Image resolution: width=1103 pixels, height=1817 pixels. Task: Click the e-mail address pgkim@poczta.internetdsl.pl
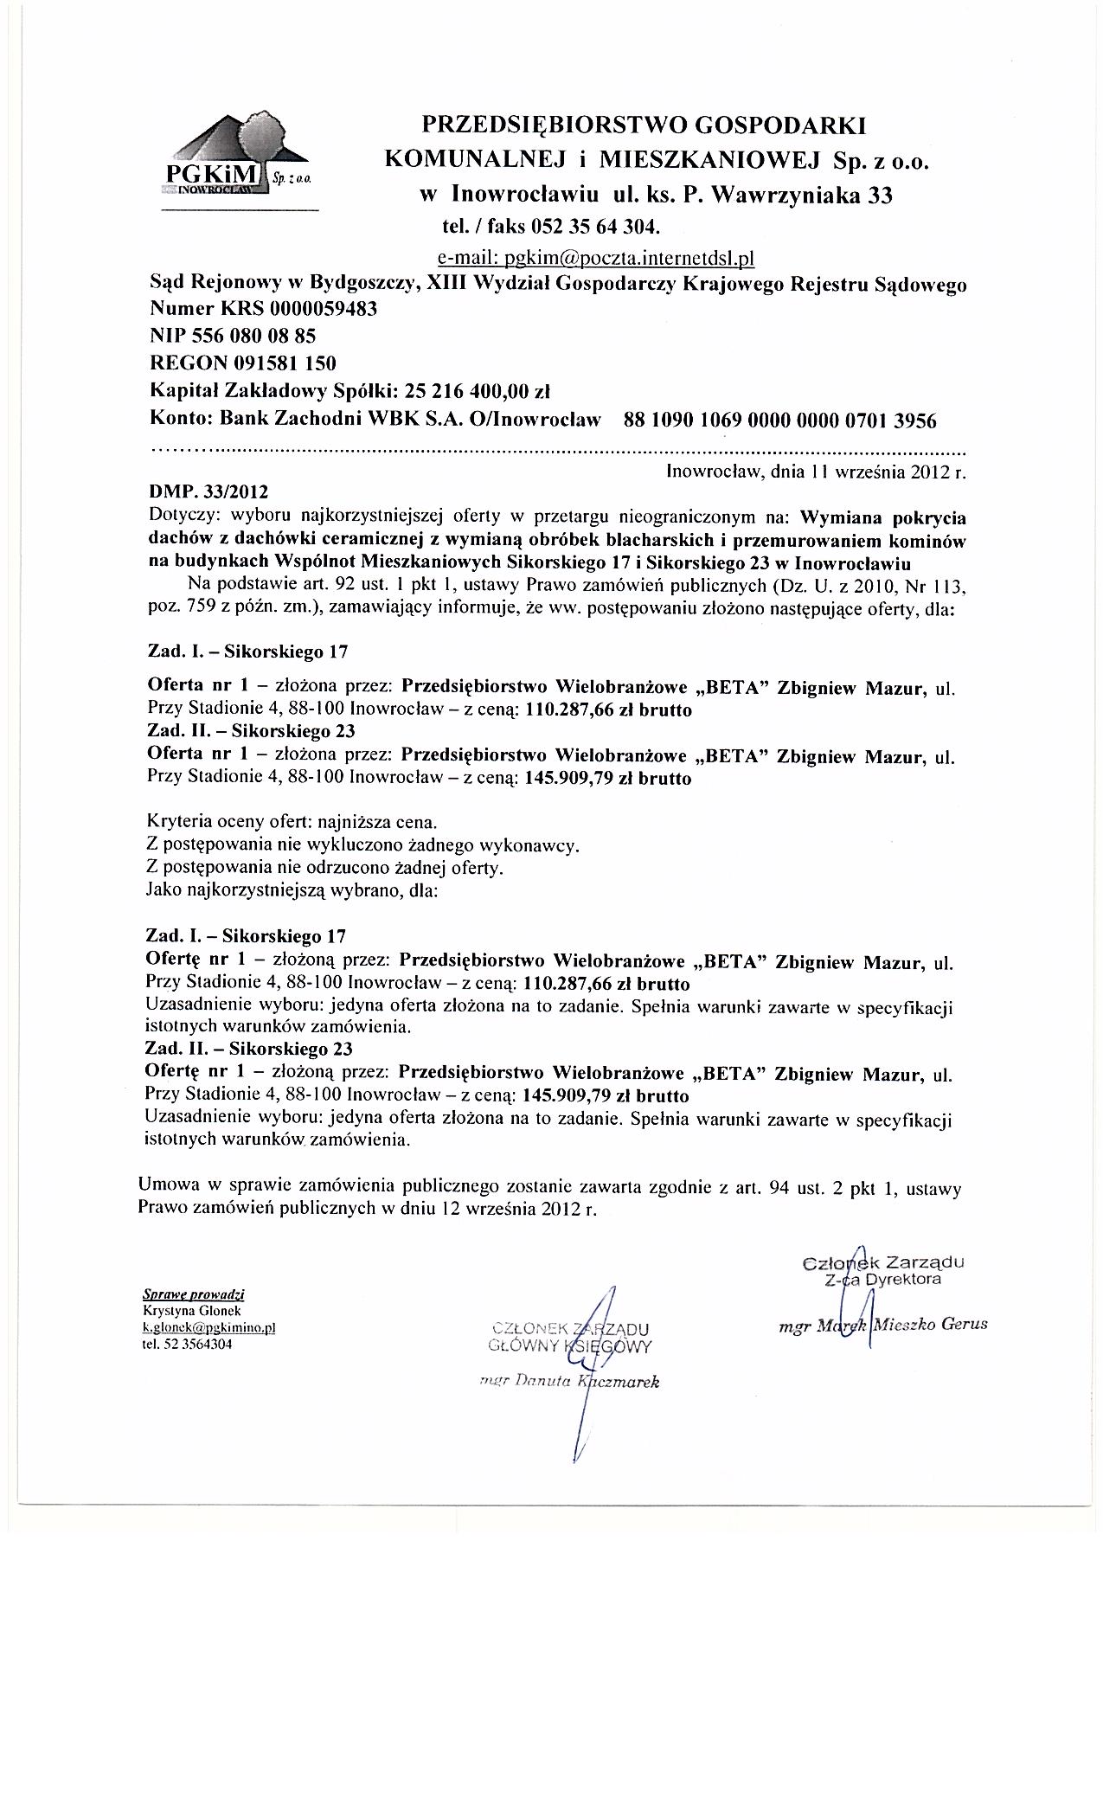click(597, 257)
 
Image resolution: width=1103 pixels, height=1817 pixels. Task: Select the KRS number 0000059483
click(324, 309)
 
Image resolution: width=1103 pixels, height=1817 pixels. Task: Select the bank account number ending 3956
click(779, 421)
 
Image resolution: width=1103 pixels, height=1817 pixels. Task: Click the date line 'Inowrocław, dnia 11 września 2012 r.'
click(816, 472)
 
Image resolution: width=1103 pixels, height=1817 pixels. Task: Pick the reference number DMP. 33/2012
click(208, 491)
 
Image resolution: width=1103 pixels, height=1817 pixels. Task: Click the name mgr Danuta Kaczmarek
click(570, 1382)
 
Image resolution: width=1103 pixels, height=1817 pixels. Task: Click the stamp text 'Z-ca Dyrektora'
click(883, 1278)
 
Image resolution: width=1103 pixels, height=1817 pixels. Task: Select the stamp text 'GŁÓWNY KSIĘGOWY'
click(570, 1345)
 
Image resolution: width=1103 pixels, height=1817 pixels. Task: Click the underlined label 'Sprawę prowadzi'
click(193, 1295)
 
